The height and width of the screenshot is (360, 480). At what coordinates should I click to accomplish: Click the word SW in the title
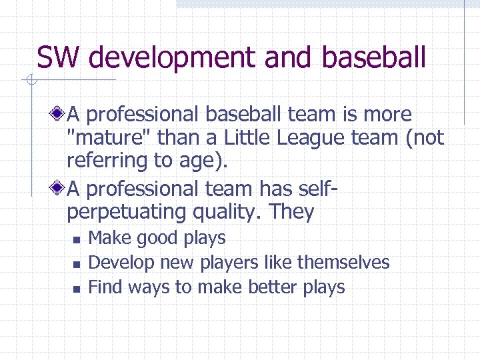pos(59,57)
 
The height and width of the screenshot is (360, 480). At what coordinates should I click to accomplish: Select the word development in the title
pos(173,57)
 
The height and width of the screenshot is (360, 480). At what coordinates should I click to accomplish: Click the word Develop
pos(120,263)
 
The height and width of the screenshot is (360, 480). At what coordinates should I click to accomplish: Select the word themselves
pos(343,263)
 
